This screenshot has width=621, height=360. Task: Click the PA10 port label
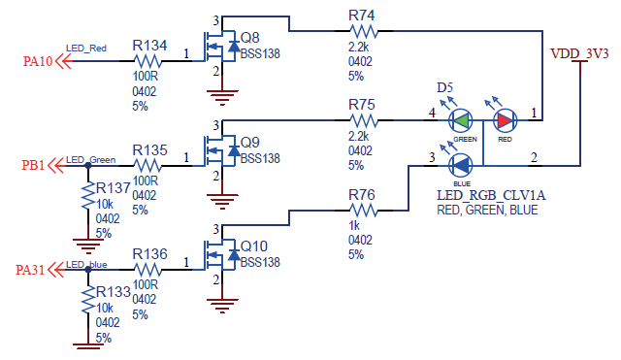[x=37, y=62]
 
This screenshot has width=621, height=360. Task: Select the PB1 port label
[x=35, y=166]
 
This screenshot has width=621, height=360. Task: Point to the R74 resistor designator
[x=361, y=16]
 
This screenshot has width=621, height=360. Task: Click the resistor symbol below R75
[x=362, y=120]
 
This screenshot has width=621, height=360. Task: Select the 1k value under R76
[x=354, y=226]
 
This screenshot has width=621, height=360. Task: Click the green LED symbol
[x=462, y=121]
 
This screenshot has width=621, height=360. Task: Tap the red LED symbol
[x=506, y=121]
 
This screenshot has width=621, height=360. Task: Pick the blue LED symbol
[x=462, y=165]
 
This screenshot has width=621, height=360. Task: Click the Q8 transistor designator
[x=249, y=38]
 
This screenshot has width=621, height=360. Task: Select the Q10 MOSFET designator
[x=254, y=245]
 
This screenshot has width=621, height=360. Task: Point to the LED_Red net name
[x=86, y=49]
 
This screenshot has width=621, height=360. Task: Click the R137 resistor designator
[x=114, y=188]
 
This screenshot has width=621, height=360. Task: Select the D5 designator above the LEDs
[x=444, y=88]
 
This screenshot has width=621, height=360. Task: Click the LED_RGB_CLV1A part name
[x=491, y=195]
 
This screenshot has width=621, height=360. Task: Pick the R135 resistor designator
[x=150, y=150]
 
